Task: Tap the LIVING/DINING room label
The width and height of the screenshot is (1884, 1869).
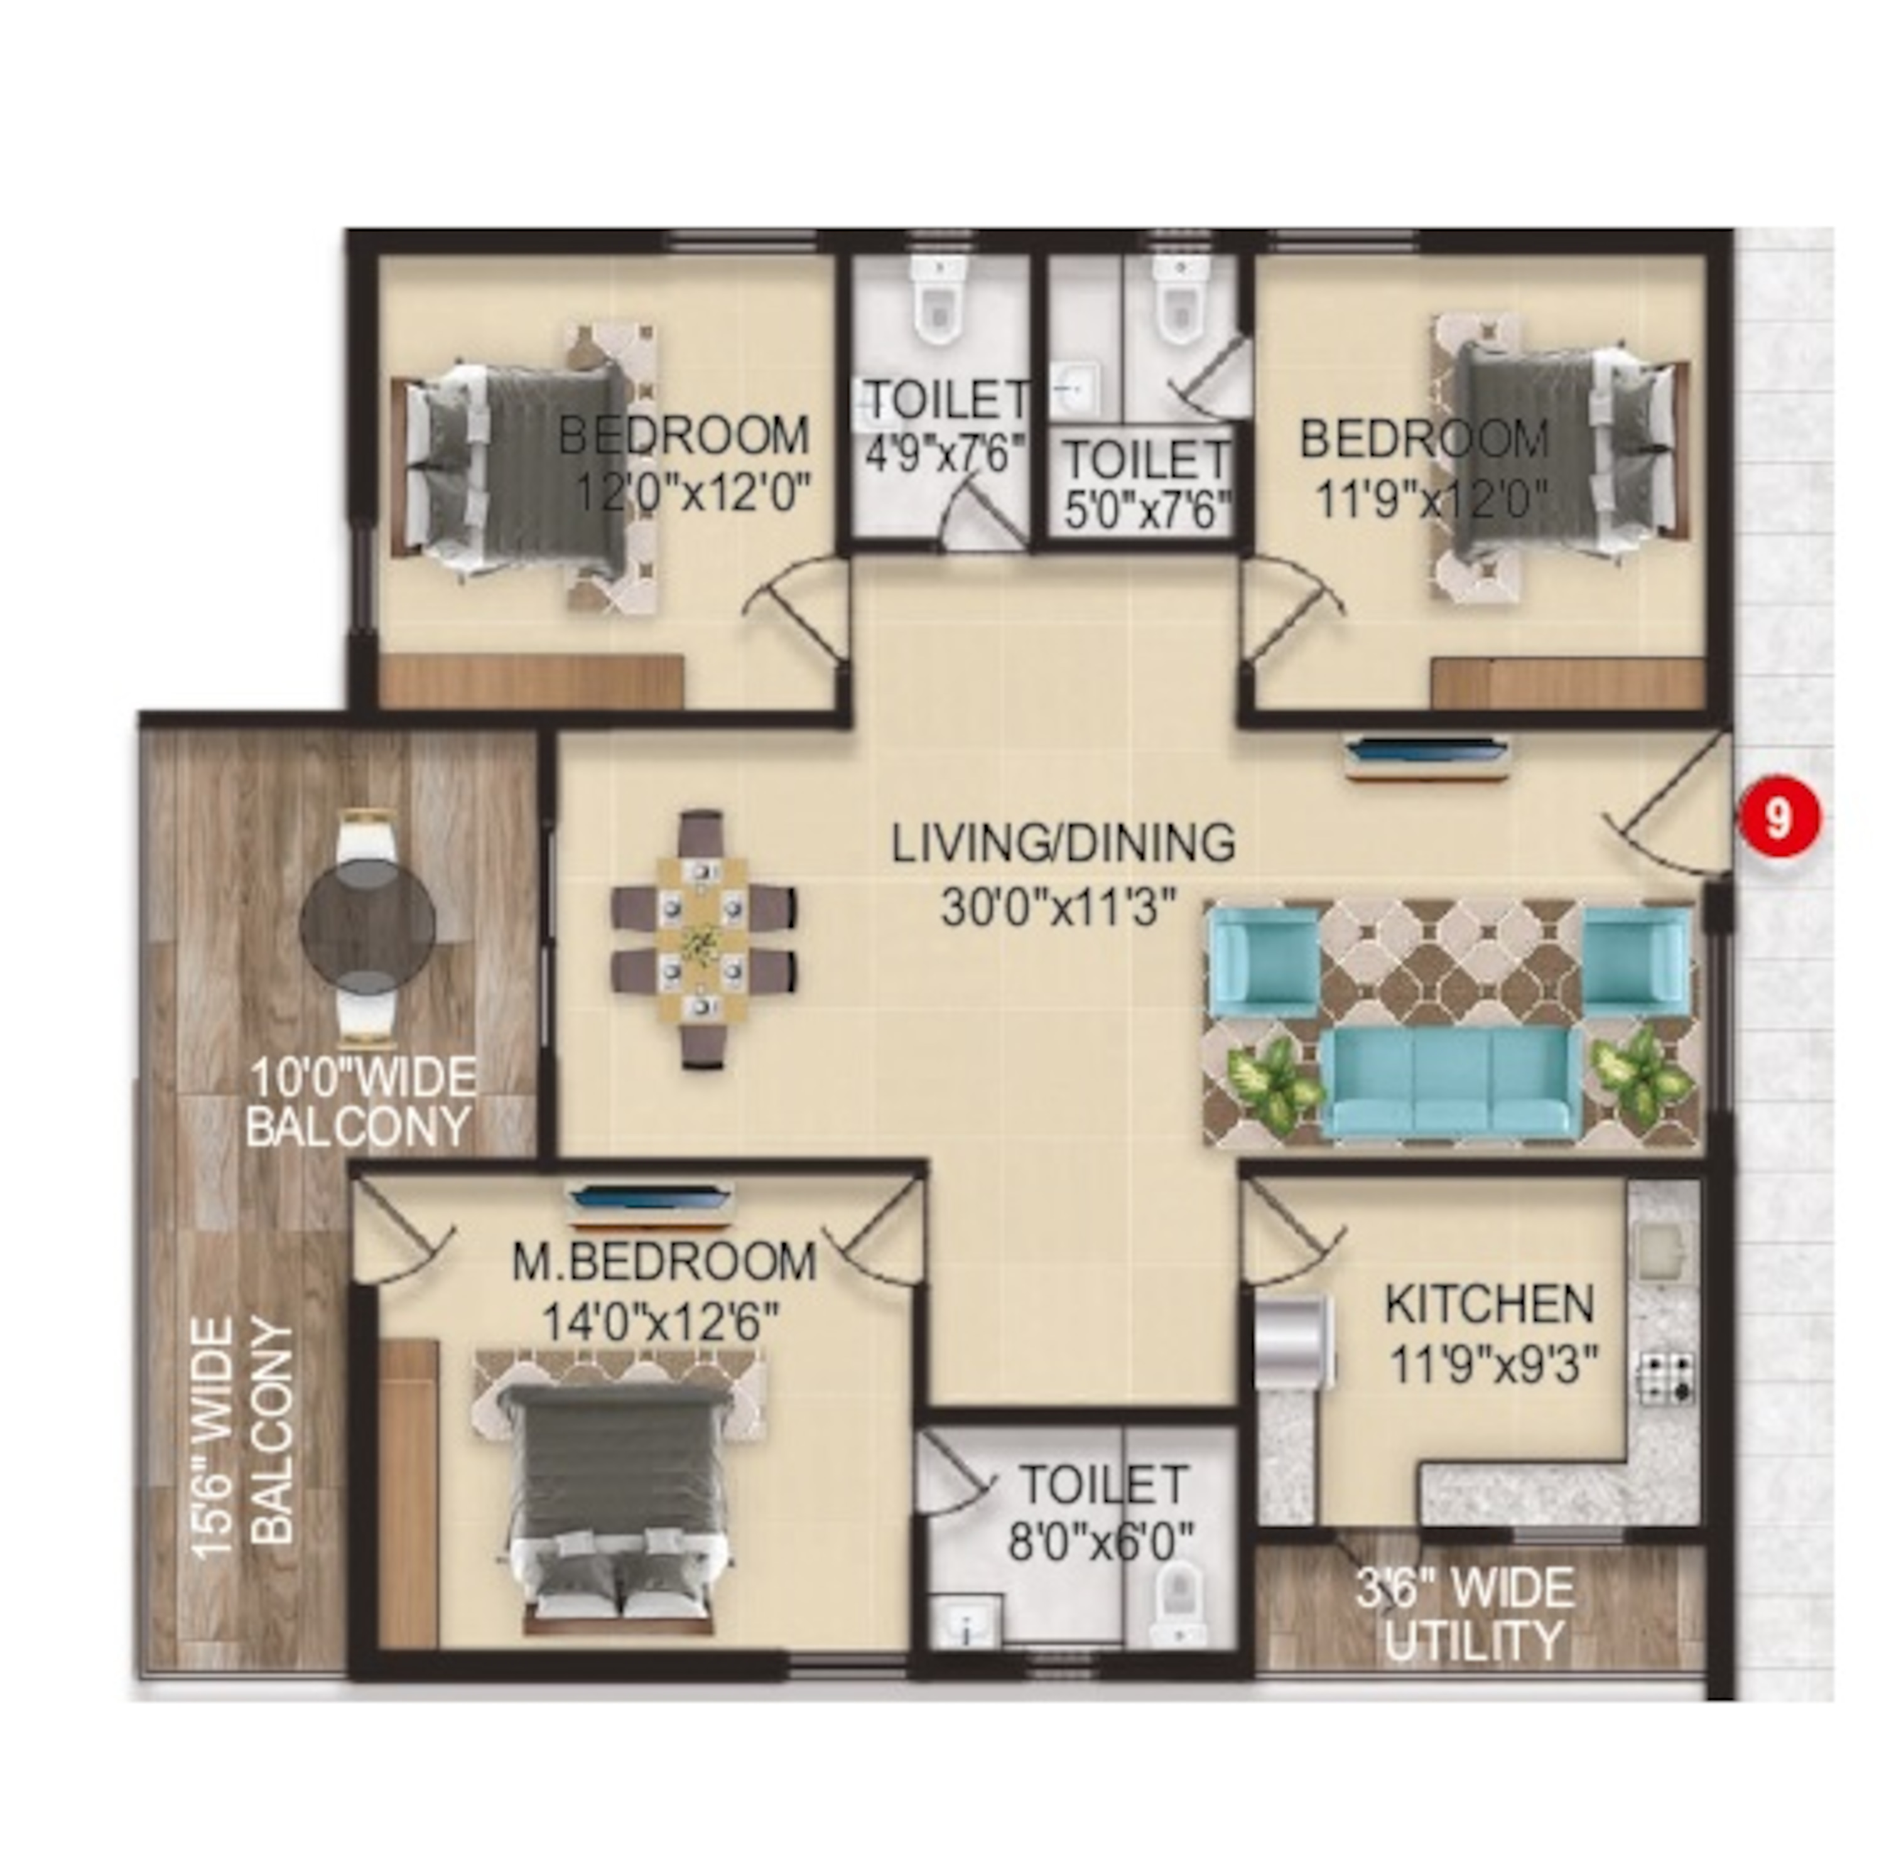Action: [x=1063, y=843]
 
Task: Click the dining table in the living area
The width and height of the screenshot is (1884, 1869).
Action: [x=702, y=939]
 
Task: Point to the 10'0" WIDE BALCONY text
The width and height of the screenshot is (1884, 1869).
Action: [x=362, y=1102]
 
